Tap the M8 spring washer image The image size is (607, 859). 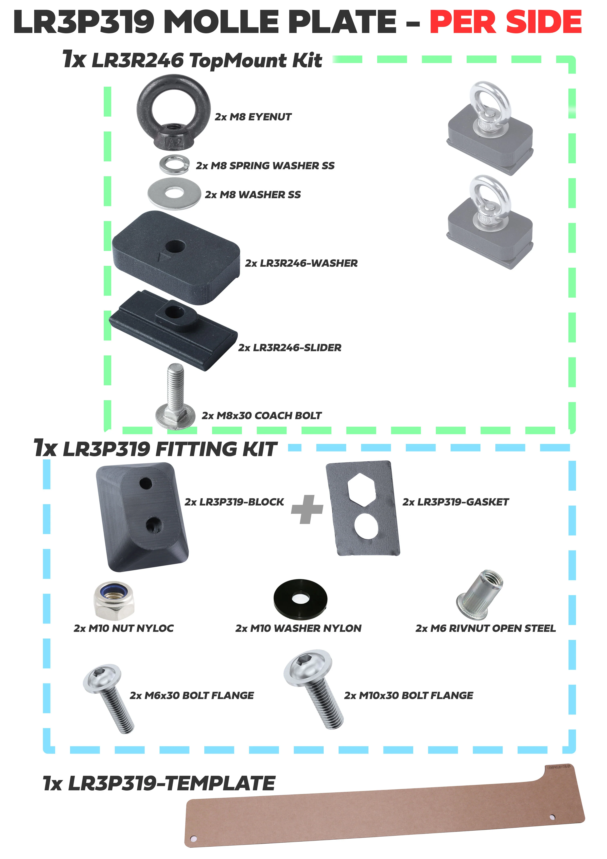coord(173,164)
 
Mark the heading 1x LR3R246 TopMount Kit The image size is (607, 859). coord(192,60)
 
